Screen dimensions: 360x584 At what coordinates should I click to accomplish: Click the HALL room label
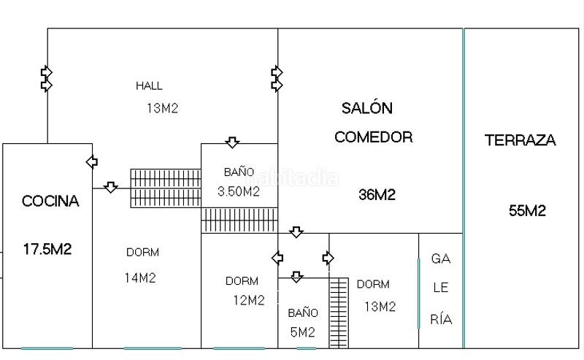149,85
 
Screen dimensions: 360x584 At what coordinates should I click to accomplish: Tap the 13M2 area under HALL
163,109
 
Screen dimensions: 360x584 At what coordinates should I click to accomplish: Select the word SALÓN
367,109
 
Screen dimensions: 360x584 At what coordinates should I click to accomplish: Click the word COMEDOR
373,137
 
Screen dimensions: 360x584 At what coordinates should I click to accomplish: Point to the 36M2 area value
377,195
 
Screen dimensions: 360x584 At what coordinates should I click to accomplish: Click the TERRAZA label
520,140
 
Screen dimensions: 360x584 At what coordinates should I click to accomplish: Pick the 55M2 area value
527,212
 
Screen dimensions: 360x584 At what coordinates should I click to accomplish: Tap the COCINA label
50,201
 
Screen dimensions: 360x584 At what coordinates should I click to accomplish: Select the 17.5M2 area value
47,249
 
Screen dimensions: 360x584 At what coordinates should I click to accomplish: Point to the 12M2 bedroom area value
248,300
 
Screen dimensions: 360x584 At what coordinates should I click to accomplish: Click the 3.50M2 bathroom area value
238,192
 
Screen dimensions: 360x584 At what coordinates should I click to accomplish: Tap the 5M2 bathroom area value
301,332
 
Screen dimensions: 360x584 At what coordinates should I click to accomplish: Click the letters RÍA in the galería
441,319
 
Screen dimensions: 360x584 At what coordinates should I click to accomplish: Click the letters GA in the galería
440,258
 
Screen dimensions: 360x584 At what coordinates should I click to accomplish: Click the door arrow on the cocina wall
92,161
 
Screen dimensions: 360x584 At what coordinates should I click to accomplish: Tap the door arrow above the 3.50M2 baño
232,142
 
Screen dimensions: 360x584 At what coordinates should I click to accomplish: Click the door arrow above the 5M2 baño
296,277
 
